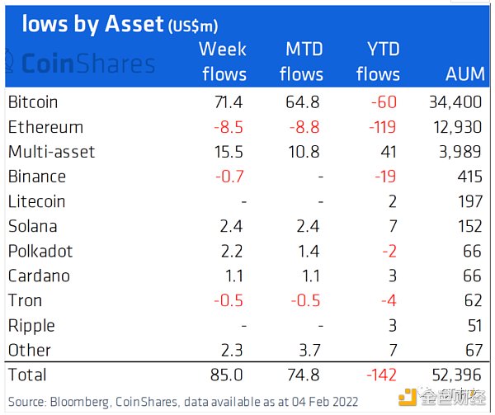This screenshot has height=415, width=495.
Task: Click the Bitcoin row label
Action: tap(33, 102)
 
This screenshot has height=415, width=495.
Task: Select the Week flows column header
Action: tap(223, 61)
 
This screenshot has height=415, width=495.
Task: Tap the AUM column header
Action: tap(464, 73)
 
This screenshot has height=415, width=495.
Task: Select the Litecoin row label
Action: tap(36, 201)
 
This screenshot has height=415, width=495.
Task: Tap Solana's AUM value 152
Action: tap(465, 226)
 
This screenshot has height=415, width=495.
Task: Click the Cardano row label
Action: tap(39, 276)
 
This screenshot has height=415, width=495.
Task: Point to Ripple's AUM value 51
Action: tap(470, 325)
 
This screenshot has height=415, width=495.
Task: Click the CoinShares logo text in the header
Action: tap(87, 64)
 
